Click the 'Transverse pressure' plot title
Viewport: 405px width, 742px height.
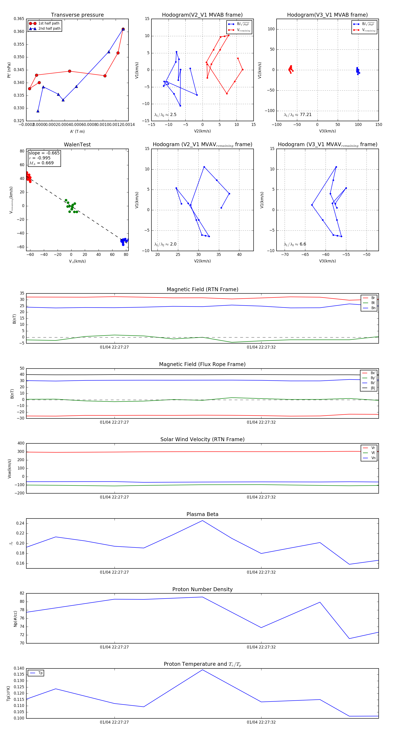pyautogui.click(x=77, y=15)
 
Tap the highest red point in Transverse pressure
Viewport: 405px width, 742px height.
pyautogui.click(x=123, y=29)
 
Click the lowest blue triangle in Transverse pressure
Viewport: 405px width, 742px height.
pyautogui.click(x=38, y=111)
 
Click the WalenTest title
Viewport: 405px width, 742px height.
pyautogui.click(x=77, y=145)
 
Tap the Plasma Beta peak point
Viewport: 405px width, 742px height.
pyautogui.click(x=202, y=521)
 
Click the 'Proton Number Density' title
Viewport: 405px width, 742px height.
pyautogui.click(x=202, y=589)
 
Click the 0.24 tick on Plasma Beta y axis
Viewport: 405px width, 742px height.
pyautogui.click(x=20, y=523)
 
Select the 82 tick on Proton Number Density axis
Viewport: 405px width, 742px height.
pyautogui.click(x=22, y=593)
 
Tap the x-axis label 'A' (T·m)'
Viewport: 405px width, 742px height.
pyautogui.click(x=77, y=131)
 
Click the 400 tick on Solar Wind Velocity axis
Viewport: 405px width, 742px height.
pyautogui.click(x=21, y=443)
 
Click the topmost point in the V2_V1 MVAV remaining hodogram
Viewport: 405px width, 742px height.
pyautogui.click(x=204, y=167)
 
